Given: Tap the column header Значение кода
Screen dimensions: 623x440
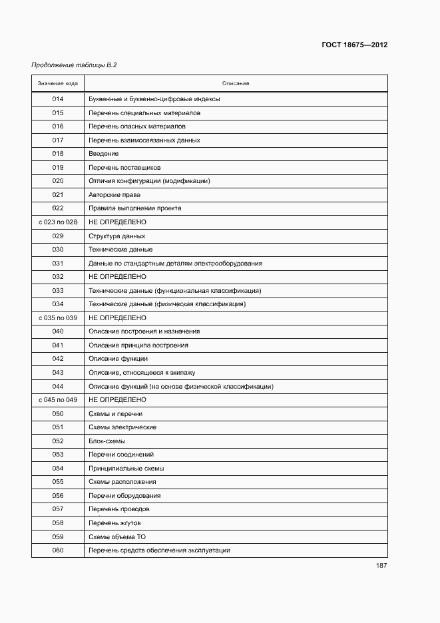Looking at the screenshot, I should tap(58, 83).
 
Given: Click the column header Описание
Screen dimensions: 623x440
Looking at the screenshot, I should tap(236, 83).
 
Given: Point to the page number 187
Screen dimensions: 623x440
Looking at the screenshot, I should tap(381, 566).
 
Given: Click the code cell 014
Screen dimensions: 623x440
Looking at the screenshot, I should tap(58, 99).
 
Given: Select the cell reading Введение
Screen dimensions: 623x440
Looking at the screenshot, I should tap(104, 154).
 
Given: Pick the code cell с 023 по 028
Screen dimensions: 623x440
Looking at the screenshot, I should tap(58, 222).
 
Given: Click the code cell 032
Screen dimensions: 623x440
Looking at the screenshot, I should tap(58, 276).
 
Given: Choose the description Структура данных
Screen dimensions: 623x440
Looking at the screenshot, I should tap(116, 236).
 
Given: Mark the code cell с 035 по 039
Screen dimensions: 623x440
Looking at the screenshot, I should tap(58, 317).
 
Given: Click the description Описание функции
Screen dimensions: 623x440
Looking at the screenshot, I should tap(118, 359).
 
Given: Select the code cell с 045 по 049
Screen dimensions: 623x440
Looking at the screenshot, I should tap(58, 399).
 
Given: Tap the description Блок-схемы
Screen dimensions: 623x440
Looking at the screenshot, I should tap(107, 441).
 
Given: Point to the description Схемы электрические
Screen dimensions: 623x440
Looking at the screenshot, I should tap(122, 427).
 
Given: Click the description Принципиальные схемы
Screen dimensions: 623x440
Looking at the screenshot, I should tap(126, 468).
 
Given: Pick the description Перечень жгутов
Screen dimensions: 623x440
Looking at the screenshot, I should tap(114, 523).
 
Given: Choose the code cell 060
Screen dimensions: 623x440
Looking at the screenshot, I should tap(58, 550).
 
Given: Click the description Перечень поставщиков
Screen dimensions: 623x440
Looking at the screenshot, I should tap(124, 168).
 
